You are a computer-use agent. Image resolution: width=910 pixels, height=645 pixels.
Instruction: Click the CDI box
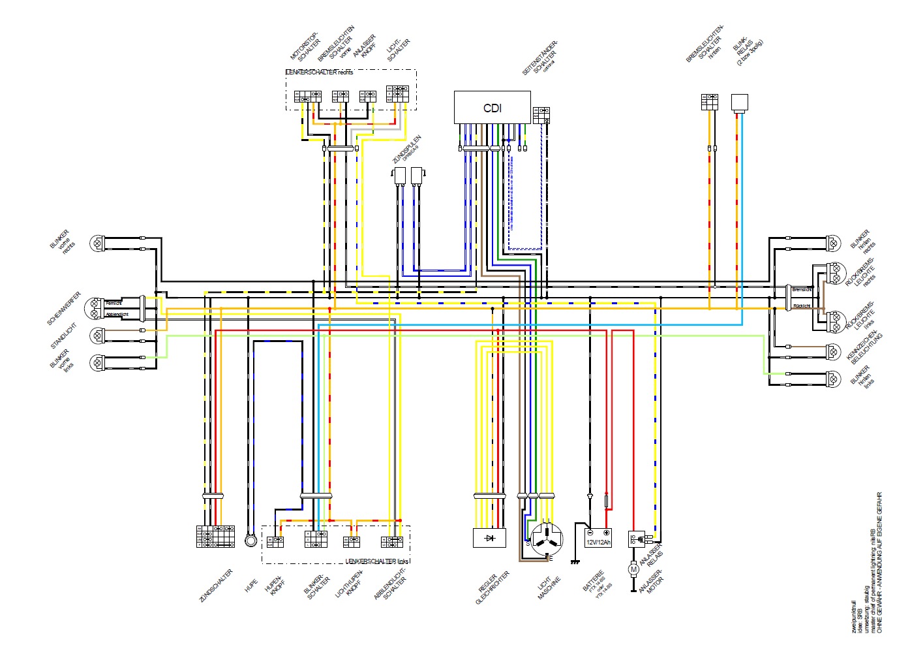[x=492, y=108]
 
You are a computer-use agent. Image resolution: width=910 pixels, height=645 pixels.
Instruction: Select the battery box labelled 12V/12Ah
[x=598, y=537]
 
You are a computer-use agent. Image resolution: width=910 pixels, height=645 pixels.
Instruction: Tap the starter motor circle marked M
[x=633, y=569]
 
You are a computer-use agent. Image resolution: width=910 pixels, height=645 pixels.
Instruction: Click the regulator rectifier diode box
[x=489, y=537]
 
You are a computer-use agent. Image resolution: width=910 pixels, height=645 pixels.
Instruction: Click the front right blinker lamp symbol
[x=97, y=244]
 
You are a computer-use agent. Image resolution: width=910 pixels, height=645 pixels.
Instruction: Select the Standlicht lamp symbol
[x=97, y=335]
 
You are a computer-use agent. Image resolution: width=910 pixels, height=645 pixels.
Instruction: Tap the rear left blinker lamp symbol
[x=833, y=379]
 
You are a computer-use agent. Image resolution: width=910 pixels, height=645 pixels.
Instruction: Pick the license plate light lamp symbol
[x=833, y=352]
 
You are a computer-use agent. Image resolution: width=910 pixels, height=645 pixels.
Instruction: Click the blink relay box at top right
[x=739, y=102]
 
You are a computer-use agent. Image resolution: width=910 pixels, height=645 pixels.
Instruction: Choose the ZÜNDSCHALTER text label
[x=216, y=586]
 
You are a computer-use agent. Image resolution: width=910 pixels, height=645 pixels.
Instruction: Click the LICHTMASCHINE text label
[x=549, y=588]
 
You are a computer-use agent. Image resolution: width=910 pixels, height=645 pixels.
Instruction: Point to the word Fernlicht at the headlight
[x=114, y=303]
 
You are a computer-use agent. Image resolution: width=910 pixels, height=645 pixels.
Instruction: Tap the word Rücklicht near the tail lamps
[x=802, y=306]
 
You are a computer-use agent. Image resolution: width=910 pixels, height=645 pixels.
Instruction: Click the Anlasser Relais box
[x=637, y=539]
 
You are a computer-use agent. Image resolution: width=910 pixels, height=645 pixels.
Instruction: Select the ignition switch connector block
[x=215, y=535]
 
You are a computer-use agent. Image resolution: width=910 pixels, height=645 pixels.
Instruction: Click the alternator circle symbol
[x=546, y=539]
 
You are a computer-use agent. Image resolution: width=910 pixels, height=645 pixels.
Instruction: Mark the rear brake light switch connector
[x=710, y=102]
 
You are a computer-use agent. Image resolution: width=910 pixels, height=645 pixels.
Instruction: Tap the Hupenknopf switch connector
[x=275, y=541]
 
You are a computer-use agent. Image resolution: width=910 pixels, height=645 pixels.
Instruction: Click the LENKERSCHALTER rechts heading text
[x=320, y=72]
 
